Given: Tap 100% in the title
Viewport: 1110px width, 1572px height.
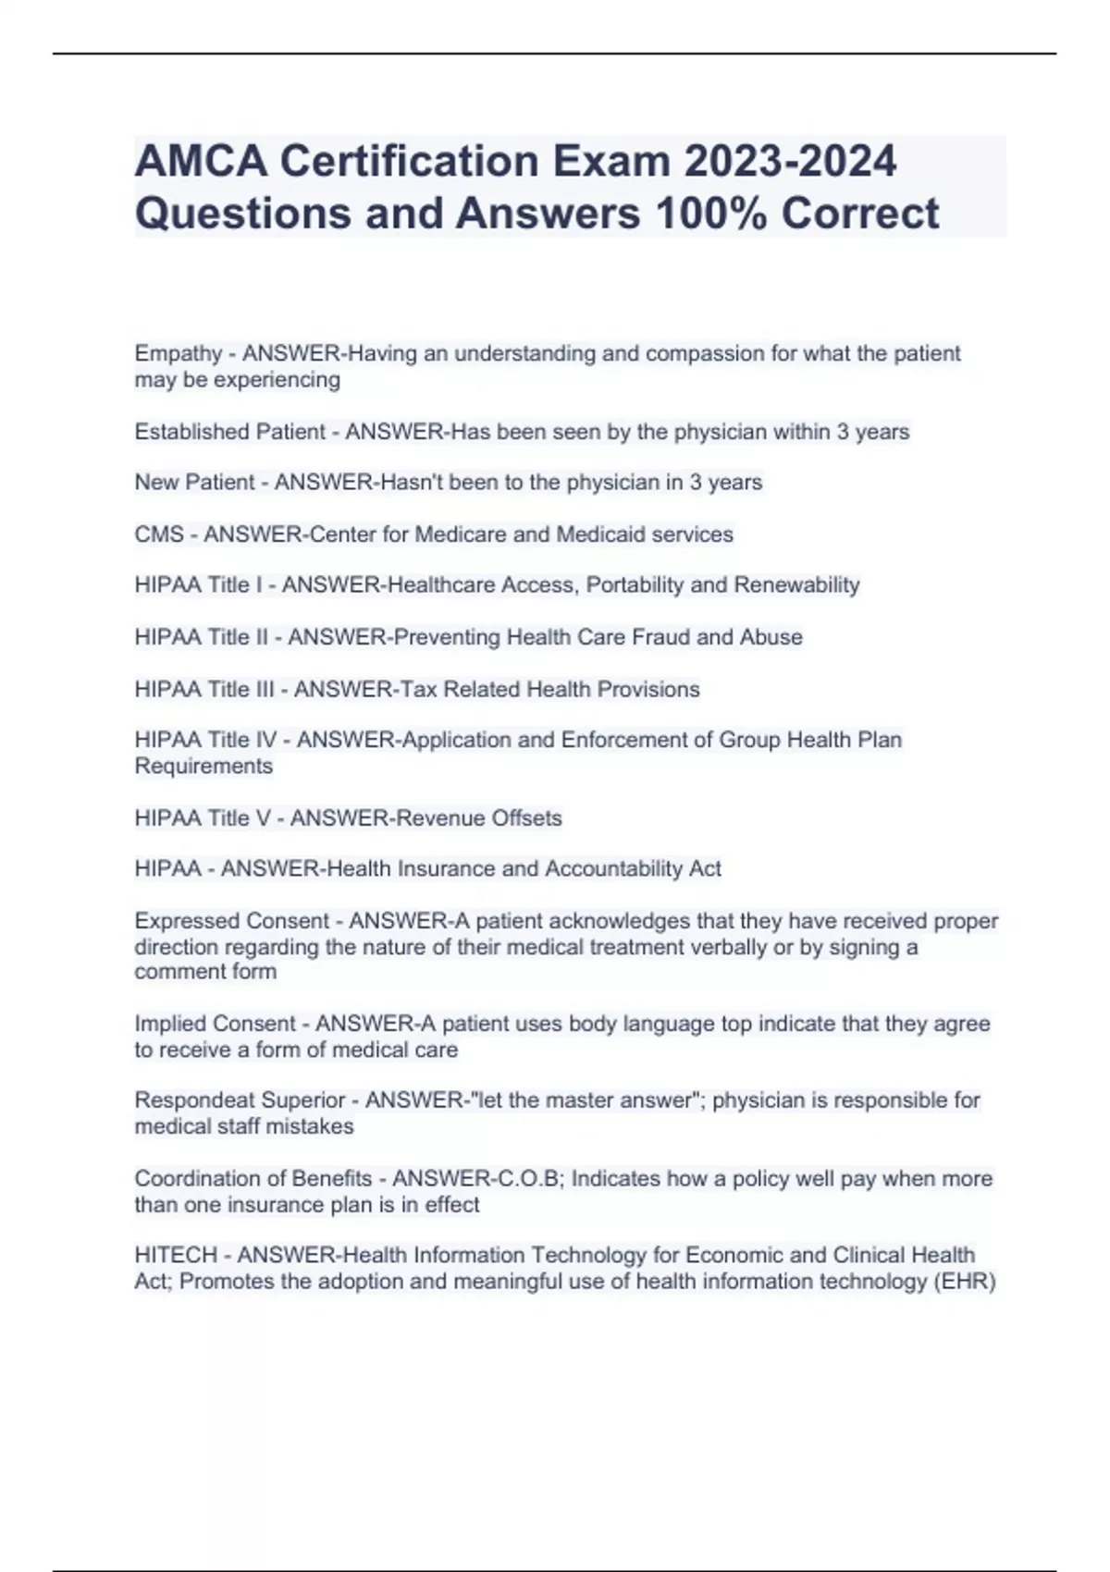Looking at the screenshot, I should pos(710,214).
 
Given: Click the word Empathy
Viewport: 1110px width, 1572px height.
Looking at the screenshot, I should pos(178,354).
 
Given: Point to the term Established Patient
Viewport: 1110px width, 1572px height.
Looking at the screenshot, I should pos(229,432).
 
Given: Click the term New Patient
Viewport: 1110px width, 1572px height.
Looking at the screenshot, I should pos(194,483).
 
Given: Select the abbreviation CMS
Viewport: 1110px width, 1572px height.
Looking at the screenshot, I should pos(158,534).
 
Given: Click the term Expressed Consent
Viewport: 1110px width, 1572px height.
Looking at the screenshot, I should pos(231,921).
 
